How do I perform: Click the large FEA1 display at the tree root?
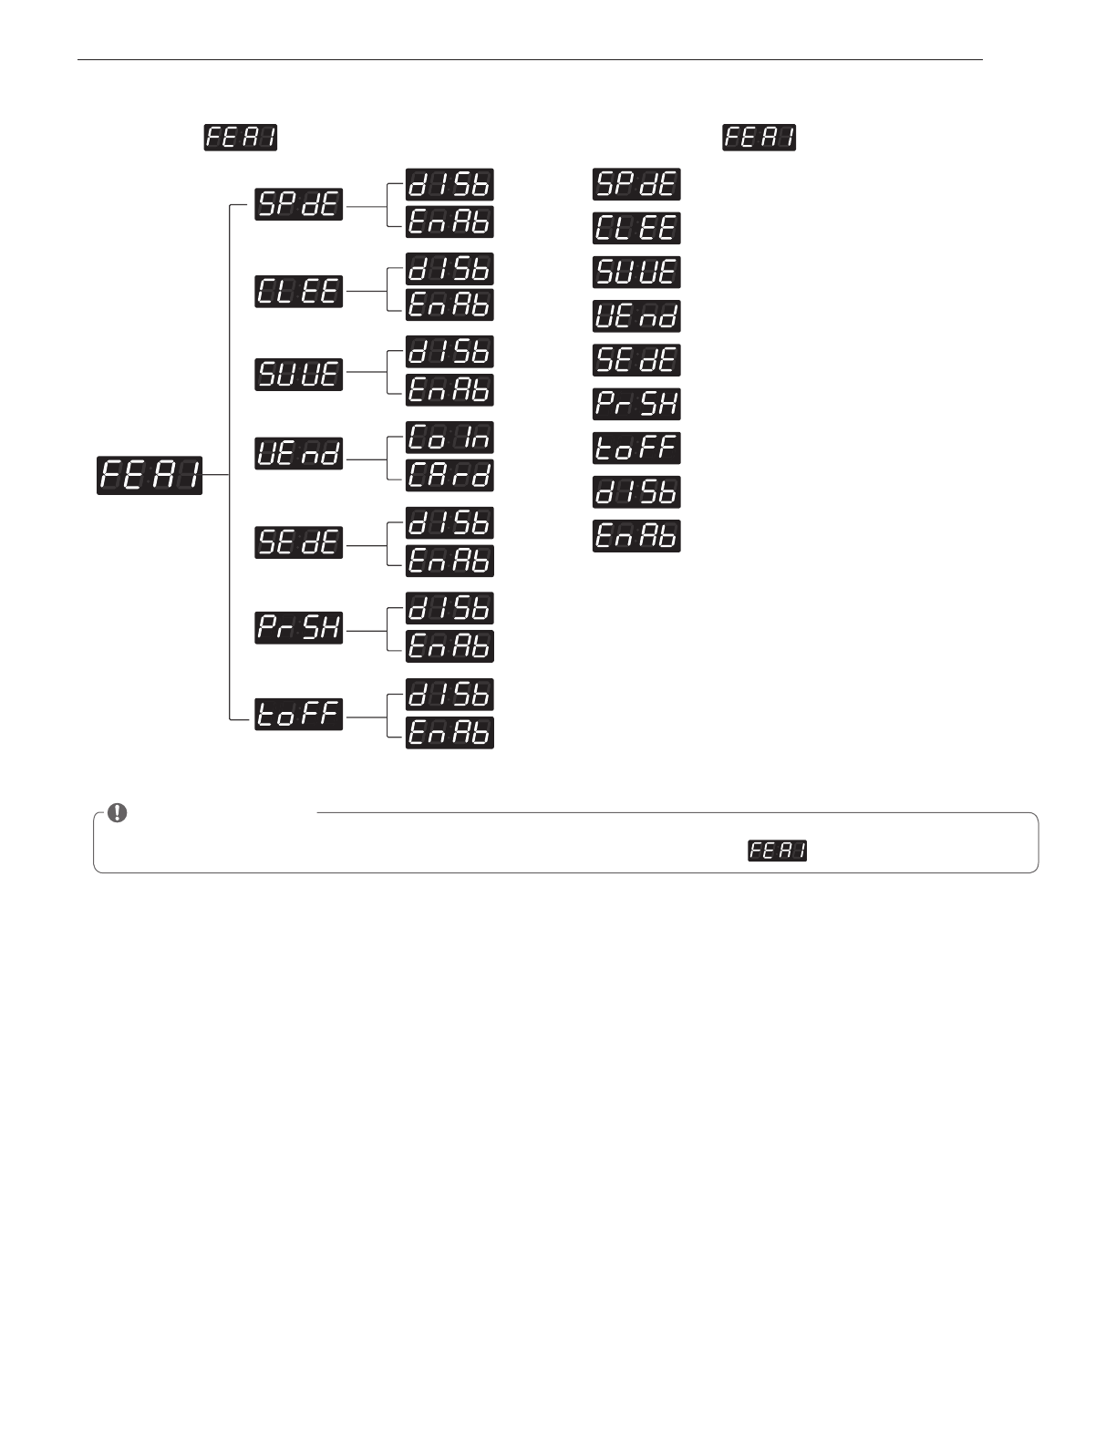point(150,475)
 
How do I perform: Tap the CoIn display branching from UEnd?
point(449,438)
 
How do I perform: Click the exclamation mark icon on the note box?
point(118,812)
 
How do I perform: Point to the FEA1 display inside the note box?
point(778,851)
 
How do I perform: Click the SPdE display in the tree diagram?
point(298,203)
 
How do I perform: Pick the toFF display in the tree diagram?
point(298,715)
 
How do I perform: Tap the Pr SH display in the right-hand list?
point(636,404)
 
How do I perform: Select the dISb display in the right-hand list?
point(636,492)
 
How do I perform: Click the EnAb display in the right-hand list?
point(636,536)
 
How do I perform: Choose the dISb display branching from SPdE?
point(449,184)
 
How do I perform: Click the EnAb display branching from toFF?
point(449,733)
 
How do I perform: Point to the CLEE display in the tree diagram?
point(298,291)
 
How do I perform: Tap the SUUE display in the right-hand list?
point(636,273)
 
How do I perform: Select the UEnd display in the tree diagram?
point(298,453)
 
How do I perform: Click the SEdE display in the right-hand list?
point(636,360)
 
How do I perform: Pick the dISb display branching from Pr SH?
point(449,608)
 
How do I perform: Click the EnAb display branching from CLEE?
point(449,305)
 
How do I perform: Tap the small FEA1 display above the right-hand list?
point(759,138)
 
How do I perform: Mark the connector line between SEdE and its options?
point(367,545)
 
